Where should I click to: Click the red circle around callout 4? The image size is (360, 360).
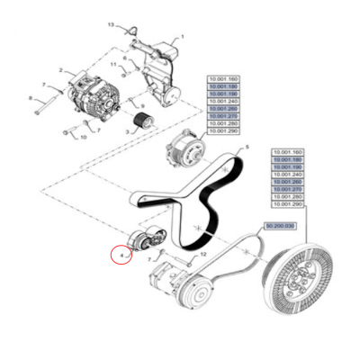tap(121, 256)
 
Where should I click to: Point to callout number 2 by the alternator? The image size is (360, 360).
tap(60, 69)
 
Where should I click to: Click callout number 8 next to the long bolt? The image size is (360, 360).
tap(30, 97)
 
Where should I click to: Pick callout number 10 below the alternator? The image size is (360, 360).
tap(84, 138)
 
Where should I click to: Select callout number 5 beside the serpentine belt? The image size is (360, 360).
tap(247, 147)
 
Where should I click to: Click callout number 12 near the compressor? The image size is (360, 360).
tap(203, 255)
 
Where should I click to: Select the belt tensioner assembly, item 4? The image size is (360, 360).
tap(143, 239)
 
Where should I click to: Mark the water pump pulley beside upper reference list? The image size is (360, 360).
tap(185, 149)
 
